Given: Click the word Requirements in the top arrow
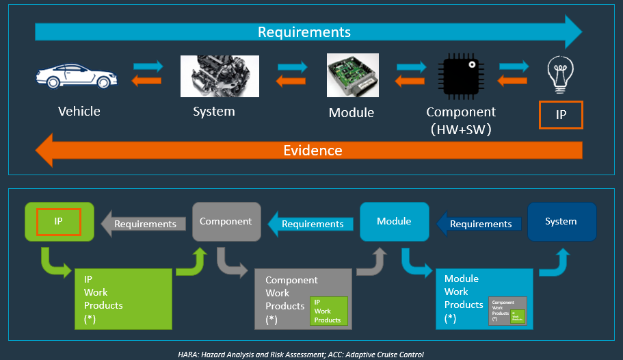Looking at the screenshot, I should pyautogui.click(x=304, y=32).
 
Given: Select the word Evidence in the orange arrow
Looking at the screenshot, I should pyautogui.click(x=313, y=151).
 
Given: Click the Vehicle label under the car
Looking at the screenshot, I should pyautogui.click(x=79, y=111).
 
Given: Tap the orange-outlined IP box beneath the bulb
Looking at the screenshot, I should pyautogui.click(x=561, y=115).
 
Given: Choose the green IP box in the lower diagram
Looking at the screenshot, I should pyautogui.click(x=59, y=222).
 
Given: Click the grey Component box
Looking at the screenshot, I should pyautogui.click(x=226, y=222).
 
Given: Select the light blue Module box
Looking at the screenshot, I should pyautogui.click(x=394, y=222).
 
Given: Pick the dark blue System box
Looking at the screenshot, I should pyautogui.click(x=561, y=222).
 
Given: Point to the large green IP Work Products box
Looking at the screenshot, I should pyautogui.click(x=122, y=298).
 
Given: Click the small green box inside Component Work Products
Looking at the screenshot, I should pyautogui.click(x=328, y=311).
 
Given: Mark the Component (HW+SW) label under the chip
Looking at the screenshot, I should pyautogui.click(x=461, y=120).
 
